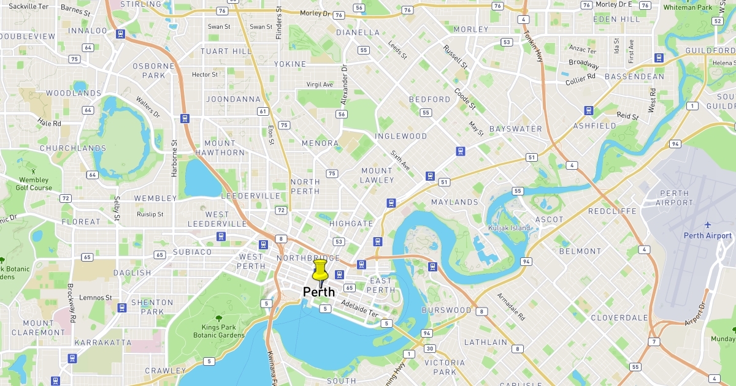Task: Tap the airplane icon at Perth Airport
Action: [x=708, y=225]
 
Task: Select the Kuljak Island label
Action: [x=508, y=228]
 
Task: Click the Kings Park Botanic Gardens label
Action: [x=218, y=331]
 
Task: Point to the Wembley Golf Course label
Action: [x=34, y=184]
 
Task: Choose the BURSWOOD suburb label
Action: [x=446, y=310]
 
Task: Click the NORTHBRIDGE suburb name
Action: [x=308, y=259]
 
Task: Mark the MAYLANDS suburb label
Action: [x=454, y=202]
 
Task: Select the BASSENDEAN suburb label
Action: [x=634, y=77]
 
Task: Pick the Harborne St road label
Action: [x=175, y=159]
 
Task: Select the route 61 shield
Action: [x=263, y=111]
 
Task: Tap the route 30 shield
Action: [x=430, y=349]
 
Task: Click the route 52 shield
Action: [x=717, y=21]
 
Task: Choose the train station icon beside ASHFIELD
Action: [x=589, y=111]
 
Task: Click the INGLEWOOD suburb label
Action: [x=401, y=136]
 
